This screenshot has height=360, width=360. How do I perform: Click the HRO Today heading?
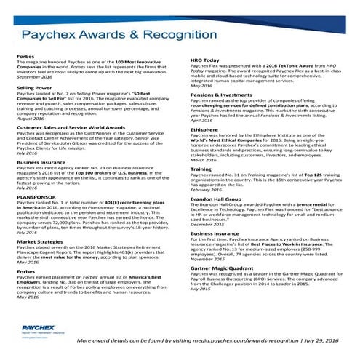205,60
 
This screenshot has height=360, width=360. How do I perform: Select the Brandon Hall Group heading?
216,198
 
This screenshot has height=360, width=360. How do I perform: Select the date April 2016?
201,120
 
